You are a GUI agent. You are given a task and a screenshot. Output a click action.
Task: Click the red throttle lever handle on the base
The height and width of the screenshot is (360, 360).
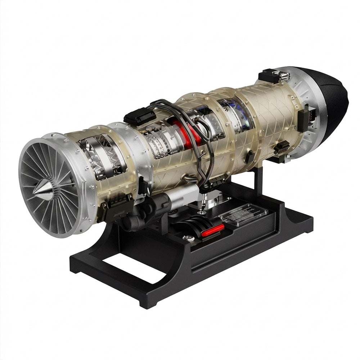(x=212, y=230)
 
